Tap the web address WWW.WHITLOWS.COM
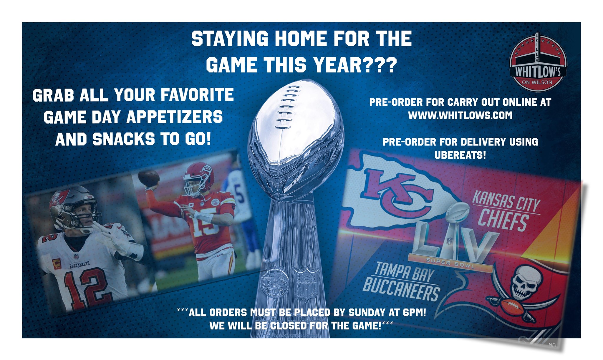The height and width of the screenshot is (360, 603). click(460, 115)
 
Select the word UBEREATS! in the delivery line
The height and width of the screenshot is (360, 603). click(460, 155)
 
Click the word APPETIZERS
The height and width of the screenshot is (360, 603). click(175, 117)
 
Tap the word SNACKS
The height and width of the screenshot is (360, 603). click(123, 139)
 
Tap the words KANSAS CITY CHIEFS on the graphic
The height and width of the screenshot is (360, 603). click(505, 210)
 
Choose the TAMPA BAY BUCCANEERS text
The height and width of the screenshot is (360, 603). click(402, 281)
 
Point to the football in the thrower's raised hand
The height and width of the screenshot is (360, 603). click(149, 177)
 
